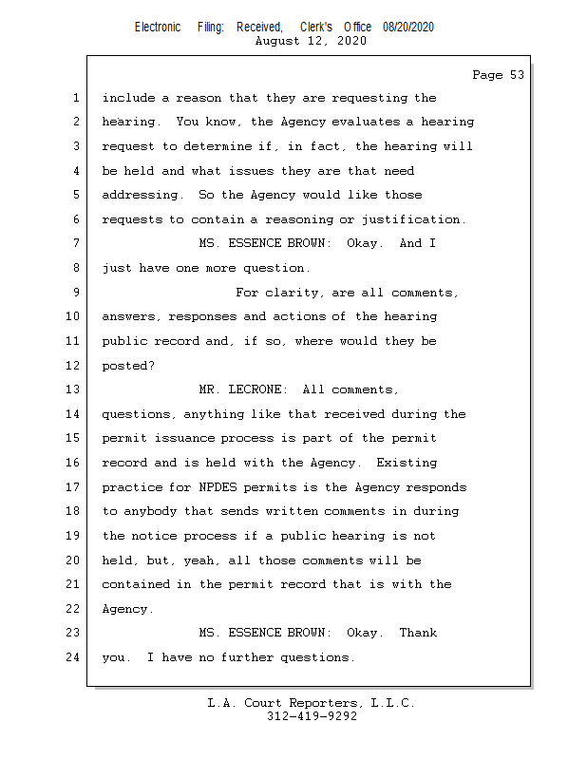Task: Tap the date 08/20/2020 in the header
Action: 408,28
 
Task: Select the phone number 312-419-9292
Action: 312,716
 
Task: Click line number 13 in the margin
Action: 74,389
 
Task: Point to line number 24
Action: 74,657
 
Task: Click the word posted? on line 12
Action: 128,366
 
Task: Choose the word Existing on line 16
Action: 407,463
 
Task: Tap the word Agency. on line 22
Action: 128,609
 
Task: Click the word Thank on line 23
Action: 418,633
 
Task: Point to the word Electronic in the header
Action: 158,28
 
